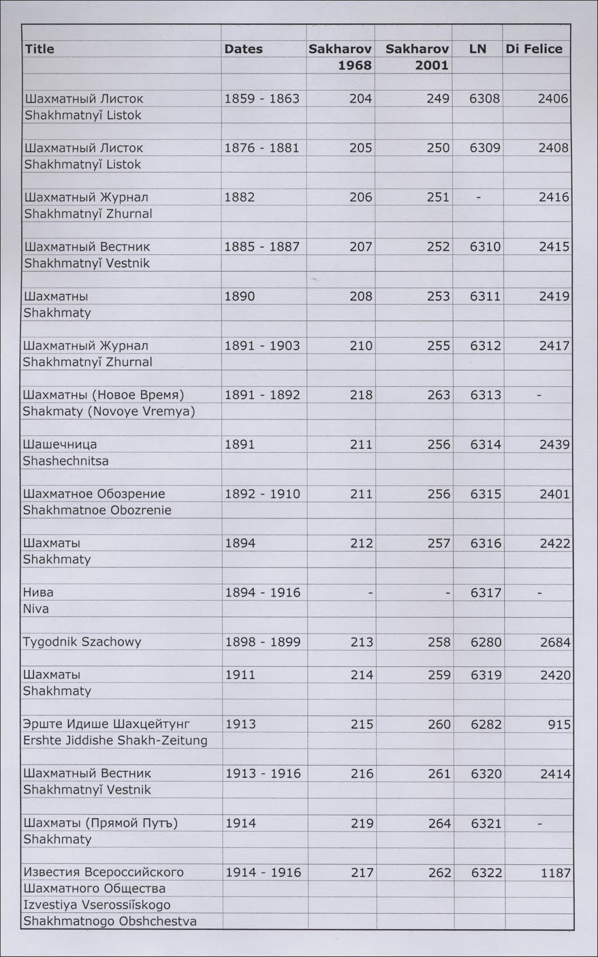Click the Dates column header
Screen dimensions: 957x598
243,49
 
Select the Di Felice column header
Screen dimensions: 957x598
534,49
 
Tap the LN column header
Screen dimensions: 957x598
477,49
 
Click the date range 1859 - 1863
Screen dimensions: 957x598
262,99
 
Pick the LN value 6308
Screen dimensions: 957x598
484,99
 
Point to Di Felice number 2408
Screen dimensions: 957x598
553,148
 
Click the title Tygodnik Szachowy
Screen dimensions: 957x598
82,642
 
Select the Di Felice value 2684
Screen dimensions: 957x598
555,642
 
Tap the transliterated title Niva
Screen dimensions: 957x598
36,609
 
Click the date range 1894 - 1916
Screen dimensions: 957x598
263,593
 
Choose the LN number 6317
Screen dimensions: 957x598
486,593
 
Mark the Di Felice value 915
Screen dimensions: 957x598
559,724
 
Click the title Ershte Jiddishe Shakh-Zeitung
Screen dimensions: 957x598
115,740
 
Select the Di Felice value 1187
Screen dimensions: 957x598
556,873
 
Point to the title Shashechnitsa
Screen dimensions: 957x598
66,461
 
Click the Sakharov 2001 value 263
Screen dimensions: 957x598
438,395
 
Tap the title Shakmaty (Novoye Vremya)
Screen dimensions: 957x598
109,412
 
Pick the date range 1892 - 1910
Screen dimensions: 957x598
263,494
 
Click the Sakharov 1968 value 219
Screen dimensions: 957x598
362,823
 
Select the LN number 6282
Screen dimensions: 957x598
486,724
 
